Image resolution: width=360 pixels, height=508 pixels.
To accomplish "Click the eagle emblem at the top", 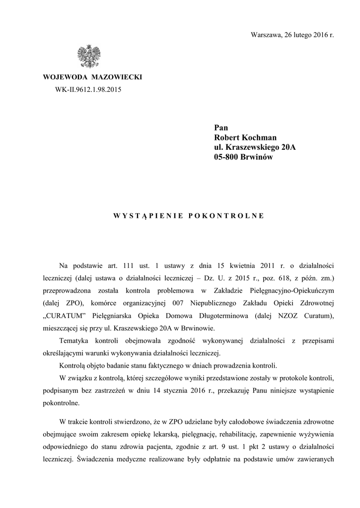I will (89, 57).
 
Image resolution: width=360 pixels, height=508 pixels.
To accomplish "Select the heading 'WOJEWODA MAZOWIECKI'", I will (93, 78).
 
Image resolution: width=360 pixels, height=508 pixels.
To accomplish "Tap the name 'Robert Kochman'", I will (245, 137).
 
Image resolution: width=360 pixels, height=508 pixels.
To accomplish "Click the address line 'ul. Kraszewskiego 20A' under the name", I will (255, 147).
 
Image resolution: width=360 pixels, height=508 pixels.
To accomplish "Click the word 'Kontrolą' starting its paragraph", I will (73, 366).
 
